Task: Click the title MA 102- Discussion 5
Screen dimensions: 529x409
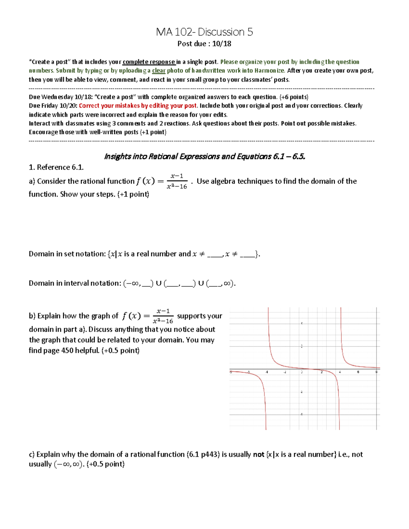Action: click(x=204, y=32)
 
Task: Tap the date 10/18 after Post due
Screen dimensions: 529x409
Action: click(x=222, y=44)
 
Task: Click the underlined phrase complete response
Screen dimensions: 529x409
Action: click(x=149, y=62)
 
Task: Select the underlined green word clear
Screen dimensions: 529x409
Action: click(x=158, y=71)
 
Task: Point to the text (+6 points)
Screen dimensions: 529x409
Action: click(x=293, y=97)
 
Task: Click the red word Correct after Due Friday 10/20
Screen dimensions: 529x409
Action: click(x=89, y=106)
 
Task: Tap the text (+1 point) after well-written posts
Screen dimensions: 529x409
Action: click(x=153, y=132)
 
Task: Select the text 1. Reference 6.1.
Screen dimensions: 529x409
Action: click(x=56, y=167)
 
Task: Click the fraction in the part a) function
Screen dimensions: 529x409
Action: click(x=177, y=181)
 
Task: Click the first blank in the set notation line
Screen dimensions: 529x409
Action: click(x=214, y=254)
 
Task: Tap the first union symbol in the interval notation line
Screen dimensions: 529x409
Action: click(x=158, y=283)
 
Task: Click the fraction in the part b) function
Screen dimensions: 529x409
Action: click(x=163, y=316)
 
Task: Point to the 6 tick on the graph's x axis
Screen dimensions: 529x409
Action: click(x=358, y=372)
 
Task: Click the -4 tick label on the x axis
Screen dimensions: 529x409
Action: click(x=267, y=372)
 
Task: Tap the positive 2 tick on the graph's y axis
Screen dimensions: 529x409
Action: click(x=302, y=346)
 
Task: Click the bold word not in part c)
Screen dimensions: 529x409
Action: click(x=258, y=454)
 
